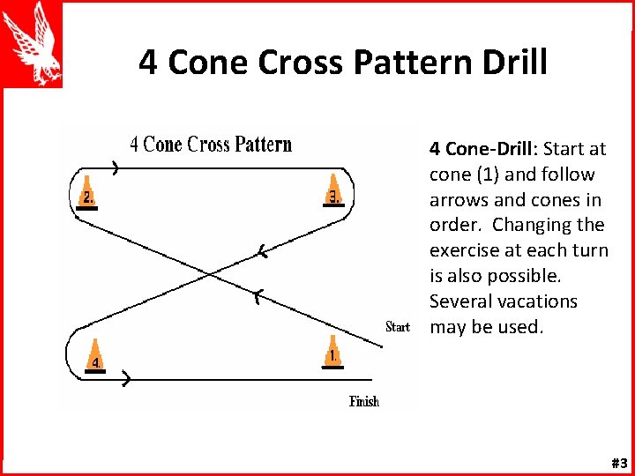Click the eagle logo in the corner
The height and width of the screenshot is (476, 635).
[x=32, y=43]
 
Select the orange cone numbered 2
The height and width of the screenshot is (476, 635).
[x=86, y=195]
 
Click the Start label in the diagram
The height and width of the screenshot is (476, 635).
[x=398, y=327]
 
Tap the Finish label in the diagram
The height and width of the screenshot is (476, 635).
[x=364, y=402]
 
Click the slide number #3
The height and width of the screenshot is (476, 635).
[x=618, y=464]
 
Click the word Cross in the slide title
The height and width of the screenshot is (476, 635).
[x=290, y=63]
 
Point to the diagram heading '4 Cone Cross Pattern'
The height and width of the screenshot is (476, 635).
[x=211, y=145]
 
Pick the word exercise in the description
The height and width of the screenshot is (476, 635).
[x=465, y=250]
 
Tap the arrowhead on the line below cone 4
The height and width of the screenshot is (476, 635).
[x=127, y=380]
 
